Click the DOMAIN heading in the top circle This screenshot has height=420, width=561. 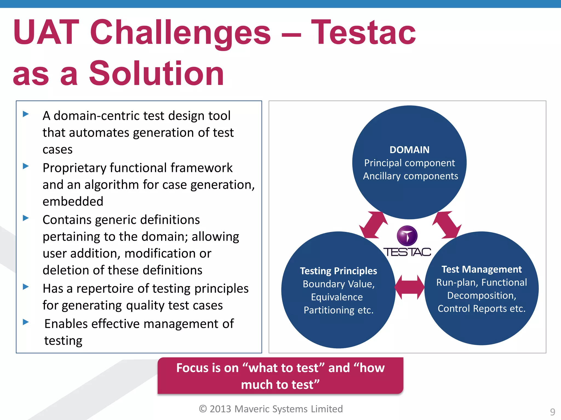[409, 150]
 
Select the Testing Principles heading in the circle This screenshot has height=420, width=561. [338, 271]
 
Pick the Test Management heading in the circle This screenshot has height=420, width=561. [481, 269]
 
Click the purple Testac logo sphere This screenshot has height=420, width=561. [407, 235]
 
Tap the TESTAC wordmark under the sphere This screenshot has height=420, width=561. [407, 252]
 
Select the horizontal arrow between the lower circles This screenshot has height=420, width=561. [409, 287]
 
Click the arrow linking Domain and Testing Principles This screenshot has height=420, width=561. [373, 225]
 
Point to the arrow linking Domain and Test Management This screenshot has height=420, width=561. [447, 225]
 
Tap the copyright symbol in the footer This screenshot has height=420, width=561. [203, 409]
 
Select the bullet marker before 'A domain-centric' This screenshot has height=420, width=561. [26, 114]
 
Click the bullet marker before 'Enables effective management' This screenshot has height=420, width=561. [26, 322]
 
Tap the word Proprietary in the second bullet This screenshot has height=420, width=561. [74, 168]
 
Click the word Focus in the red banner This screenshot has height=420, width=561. [193, 368]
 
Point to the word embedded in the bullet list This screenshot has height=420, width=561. [73, 202]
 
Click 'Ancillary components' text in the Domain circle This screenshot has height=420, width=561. [410, 176]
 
